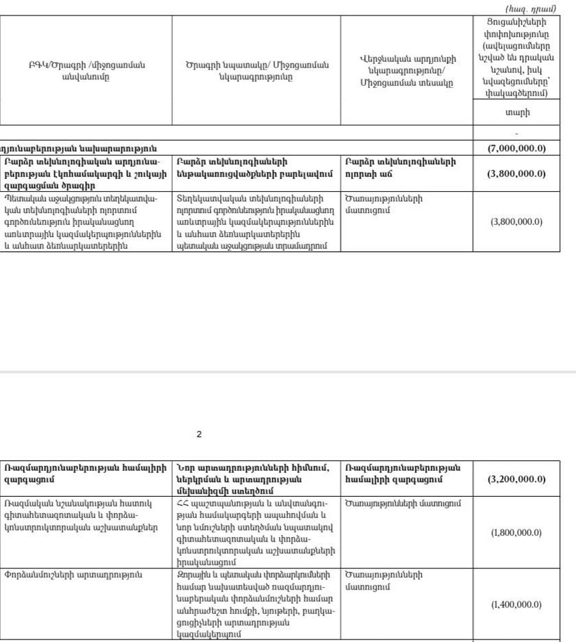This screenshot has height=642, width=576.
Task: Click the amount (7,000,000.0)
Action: pos(516,148)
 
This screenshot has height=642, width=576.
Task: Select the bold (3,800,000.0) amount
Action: pos(516,174)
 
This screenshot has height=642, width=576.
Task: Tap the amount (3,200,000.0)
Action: pos(516,479)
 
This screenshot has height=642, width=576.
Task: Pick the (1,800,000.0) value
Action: pos(516,533)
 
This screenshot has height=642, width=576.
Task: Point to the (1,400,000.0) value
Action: pos(516,604)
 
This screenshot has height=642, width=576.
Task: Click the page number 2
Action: pos(199,434)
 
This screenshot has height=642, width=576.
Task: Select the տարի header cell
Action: pos(517,113)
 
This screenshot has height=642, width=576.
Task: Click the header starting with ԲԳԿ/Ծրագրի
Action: pos(86,70)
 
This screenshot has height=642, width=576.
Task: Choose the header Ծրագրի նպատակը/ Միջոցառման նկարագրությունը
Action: pos(257,70)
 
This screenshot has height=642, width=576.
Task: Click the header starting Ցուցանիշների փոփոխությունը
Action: pos(517,58)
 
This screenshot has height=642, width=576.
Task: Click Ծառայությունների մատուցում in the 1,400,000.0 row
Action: pos(383,580)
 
